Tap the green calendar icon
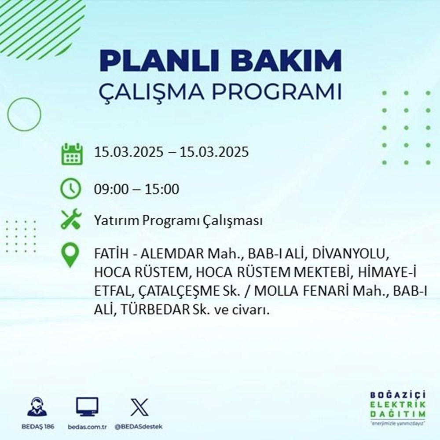point(71,153)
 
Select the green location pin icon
point(71,256)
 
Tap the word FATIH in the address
point(108,255)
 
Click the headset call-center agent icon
point(37,407)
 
